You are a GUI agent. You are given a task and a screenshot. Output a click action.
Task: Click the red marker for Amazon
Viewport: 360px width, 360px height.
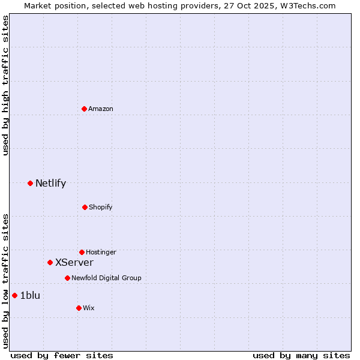pyautogui.click(x=85, y=109)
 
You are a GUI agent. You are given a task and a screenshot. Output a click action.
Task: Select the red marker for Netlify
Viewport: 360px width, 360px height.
pyautogui.click(x=30, y=183)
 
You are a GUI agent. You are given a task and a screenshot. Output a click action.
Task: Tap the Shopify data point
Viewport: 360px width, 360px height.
pyautogui.click(x=85, y=207)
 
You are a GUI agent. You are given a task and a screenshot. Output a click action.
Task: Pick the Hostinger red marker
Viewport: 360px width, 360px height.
pyautogui.click(x=82, y=252)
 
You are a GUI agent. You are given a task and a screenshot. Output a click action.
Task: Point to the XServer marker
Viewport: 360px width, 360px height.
pyautogui.click(x=50, y=262)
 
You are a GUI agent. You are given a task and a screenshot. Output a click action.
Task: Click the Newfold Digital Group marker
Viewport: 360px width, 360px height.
pyautogui.click(x=67, y=278)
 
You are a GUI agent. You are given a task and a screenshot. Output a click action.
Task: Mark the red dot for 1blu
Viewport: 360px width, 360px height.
pyautogui.click(x=15, y=295)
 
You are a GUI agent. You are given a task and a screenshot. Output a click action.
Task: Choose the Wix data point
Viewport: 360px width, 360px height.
pyautogui.click(x=79, y=308)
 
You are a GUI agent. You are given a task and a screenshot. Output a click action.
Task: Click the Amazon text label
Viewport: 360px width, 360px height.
pyautogui.click(x=101, y=109)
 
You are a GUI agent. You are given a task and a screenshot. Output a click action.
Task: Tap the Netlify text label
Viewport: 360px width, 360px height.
pyautogui.click(x=50, y=184)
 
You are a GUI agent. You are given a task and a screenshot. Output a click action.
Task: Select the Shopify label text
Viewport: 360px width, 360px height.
pyautogui.click(x=100, y=207)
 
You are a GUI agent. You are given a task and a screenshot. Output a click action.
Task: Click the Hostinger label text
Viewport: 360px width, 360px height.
pyautogui.click(x=101, y=252)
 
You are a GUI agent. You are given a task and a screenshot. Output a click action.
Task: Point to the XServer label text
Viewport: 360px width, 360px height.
pyautogui.click(x=74, y=263)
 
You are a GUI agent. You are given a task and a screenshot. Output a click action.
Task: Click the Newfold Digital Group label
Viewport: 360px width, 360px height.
pyautogui.click(x=106, y=278)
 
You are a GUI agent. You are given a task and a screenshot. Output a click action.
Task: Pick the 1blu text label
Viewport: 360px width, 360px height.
pyautogui.click(x=30, y=295)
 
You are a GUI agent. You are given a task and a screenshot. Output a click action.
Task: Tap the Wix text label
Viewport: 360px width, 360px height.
pyautogui.click(x=89, y=308)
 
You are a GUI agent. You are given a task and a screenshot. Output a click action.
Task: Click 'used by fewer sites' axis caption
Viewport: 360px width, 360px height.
pyautogui.click(x=62, y=356)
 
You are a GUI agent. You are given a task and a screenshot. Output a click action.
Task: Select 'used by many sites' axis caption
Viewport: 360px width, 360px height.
pyautogui.click(x=301, y=356)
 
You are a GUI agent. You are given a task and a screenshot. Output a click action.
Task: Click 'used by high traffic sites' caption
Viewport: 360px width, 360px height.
pyautogui.click(x=5, y=85)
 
